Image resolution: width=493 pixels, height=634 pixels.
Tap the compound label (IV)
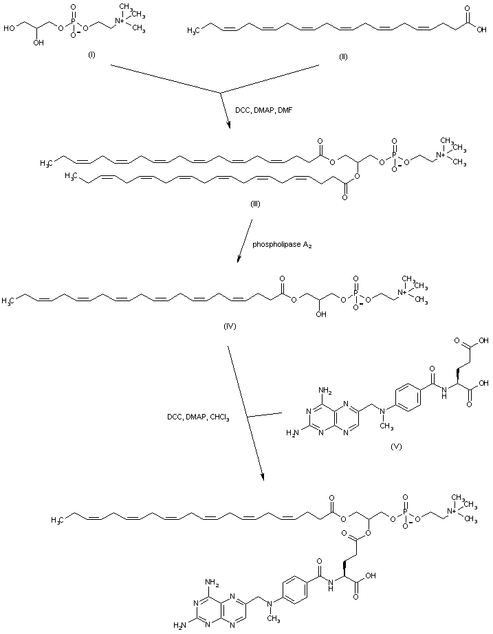(230, 325)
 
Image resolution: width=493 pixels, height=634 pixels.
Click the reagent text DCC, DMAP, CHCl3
(198, 417)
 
